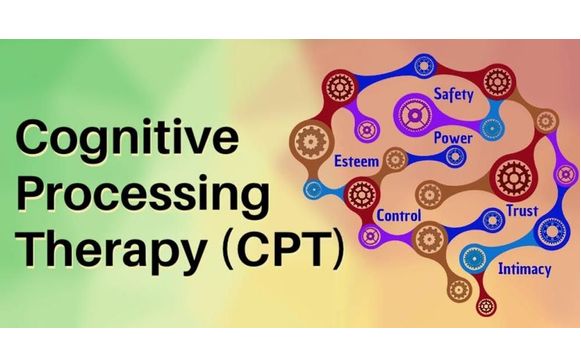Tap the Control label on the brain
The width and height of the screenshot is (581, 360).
pyautogui.click(x=397, y=215)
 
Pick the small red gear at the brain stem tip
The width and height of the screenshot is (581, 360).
pyautogui.click(x=488, y=303)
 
